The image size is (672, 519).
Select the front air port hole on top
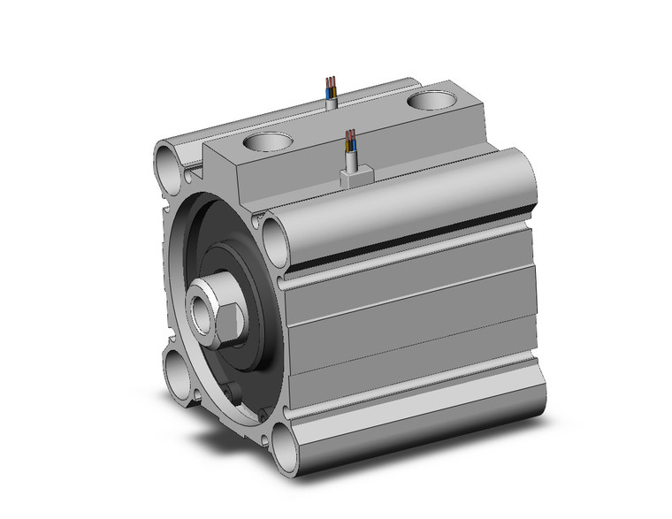pyautogui.click(x=268, y=141)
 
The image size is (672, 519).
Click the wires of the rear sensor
pyautogui.click(x=330, y=86)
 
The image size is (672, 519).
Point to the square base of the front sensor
pyautogui.click(x=354, y=177)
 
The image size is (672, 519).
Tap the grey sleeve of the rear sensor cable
pyautogui.click(x=332, y=103)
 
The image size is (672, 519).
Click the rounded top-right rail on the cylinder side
pyautogui.click(x=398, y=190)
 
